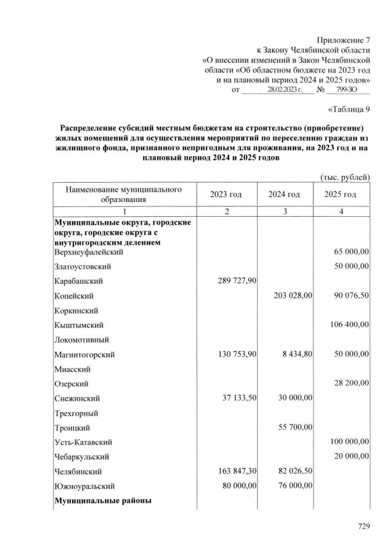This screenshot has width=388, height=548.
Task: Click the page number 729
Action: (x=363, y=527)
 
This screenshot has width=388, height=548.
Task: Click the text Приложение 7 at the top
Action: (x=344, y=39)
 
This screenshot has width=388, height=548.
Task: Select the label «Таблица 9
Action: (x=349, y=109)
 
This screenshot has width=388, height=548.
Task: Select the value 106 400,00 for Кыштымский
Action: (x=350, y=325)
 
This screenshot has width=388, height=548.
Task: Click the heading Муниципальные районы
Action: (x=103, y=501)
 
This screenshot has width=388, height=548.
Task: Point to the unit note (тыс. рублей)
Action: (x=345, y=177)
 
